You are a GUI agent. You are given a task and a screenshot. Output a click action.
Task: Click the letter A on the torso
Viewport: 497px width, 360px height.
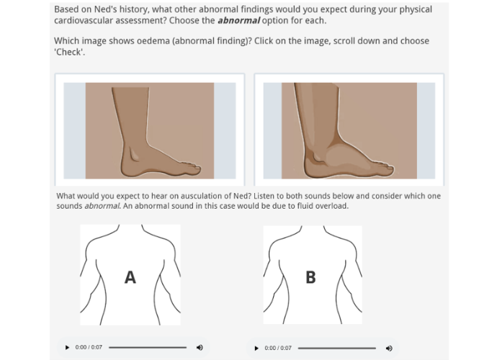pyautogui.click(x=130, y=277)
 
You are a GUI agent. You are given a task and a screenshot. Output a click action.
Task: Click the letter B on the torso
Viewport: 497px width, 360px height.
pyautogui.click(x=310, y=277)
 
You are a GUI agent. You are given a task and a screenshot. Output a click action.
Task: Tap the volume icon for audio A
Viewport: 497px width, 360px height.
pyautogui.click(x=200, y=348)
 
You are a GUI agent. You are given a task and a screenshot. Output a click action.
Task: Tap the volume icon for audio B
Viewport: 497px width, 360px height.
pyautogui.click(x=389, y=348)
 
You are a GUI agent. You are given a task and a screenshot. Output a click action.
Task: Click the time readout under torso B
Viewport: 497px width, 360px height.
pyautogui.click(x=278, y=348)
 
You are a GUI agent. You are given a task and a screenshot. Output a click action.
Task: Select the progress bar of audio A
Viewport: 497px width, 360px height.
pyautogui.click(x=148, y=348)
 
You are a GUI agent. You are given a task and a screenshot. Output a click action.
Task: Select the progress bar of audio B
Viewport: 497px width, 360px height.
pyautogui.click(x=336, y=348)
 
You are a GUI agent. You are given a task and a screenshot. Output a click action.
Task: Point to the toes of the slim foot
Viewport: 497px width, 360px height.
pyautogui.click(x=190, y=169)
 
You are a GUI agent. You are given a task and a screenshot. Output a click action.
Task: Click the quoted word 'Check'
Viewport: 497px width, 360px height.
pyautogui.click(x=70, y=52)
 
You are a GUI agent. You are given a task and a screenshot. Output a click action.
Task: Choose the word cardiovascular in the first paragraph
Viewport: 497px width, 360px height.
pyautogui.click(x=86, y=20)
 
